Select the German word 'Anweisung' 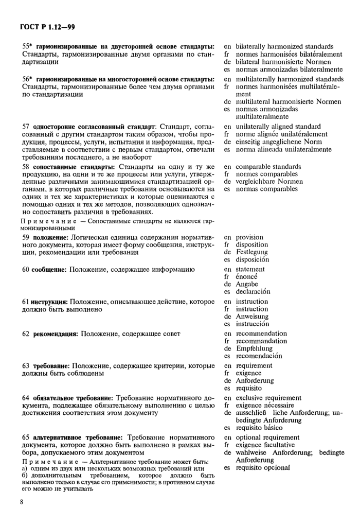(252, 317)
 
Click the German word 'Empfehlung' (254, 348)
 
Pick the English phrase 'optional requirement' (267, 437)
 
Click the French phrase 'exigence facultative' (265, 445)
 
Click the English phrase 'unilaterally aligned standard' (278, 127)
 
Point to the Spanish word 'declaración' (253, 291)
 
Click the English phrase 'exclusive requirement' (268, 398)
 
